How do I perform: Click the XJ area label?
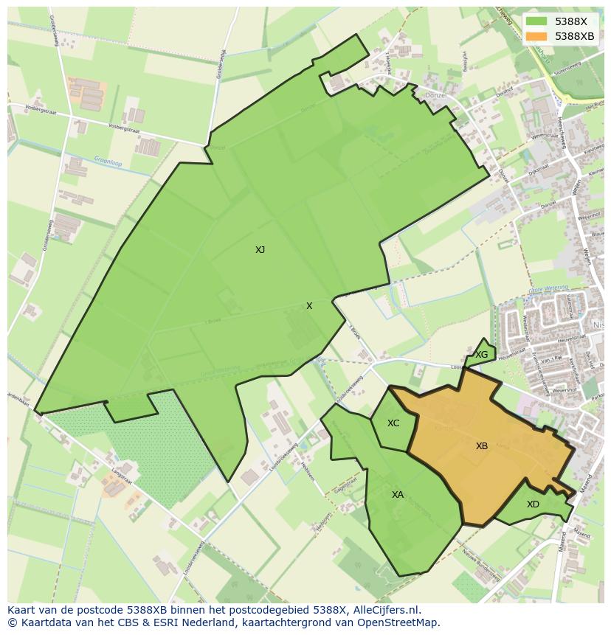pyautogui.click(x=260, y=250)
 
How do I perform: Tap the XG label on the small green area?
pyautogui.click(x=481, y=355)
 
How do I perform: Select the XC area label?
pyautogui.click(x=393, y=423)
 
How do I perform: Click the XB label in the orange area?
pyautogui.click(x=482, y=446)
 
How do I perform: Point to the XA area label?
pyautogui.click(x=398, y=495)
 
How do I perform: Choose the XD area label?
pyautogui.click(x=533, y=505)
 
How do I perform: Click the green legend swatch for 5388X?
pyautogui.click(x=537, y=22)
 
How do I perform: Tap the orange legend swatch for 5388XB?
pyautogui.click(x=537, y=36)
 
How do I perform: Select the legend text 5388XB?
pyautogui.click(x=575, y=36)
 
